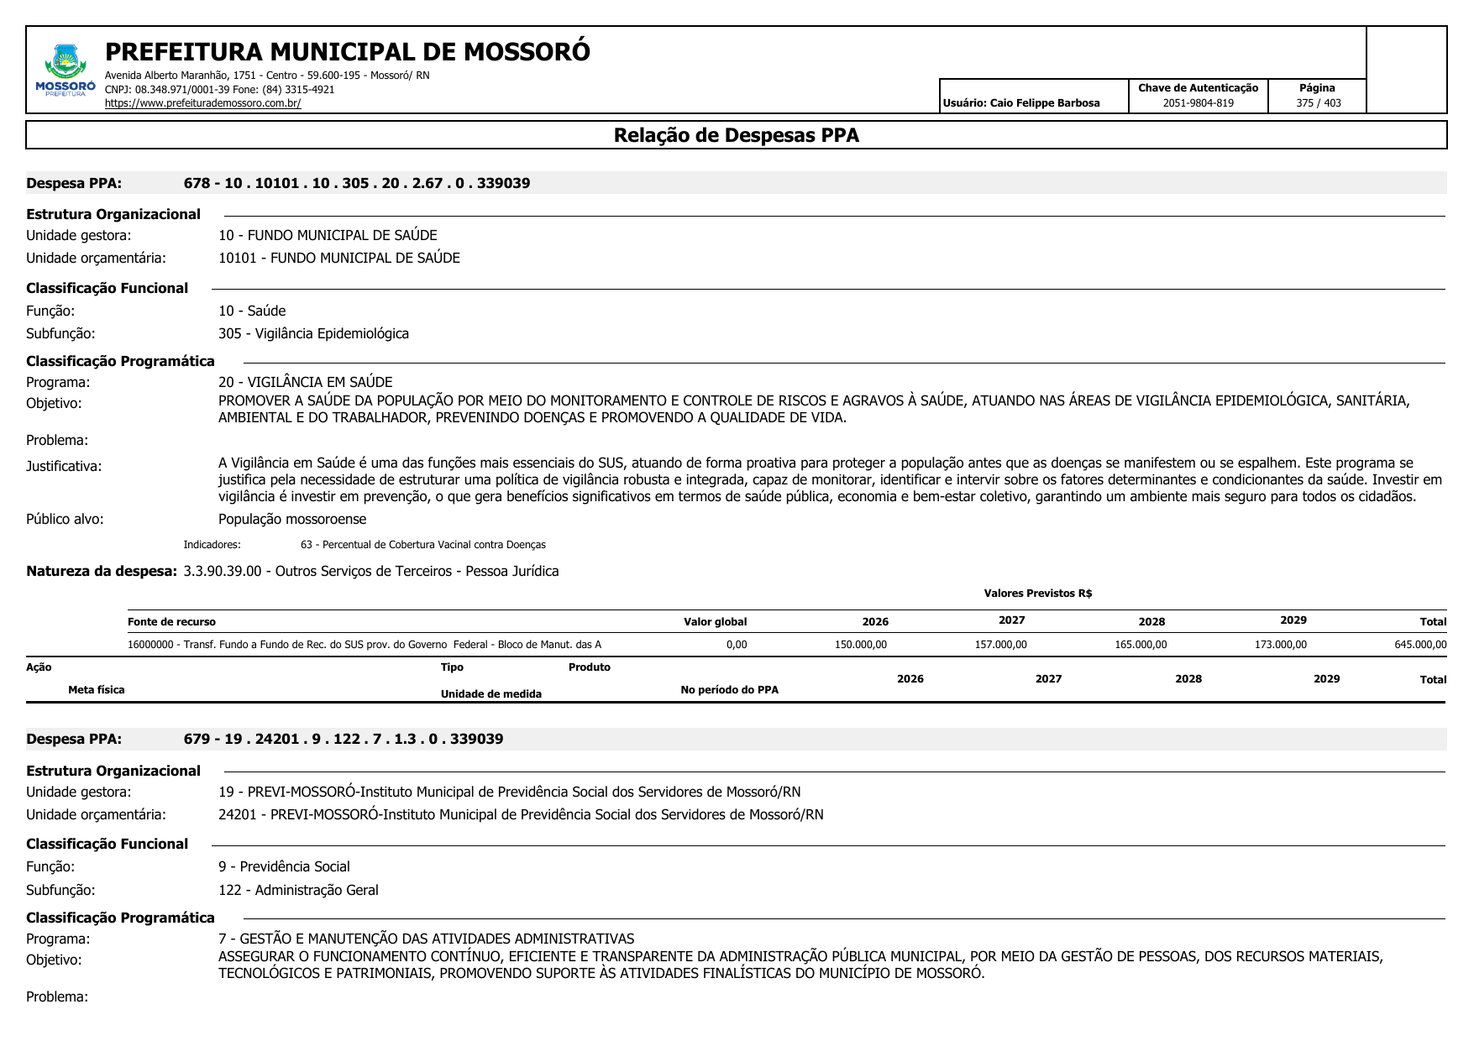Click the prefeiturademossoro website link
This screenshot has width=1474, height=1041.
click(x=202, y=103)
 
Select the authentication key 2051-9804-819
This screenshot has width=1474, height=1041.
click(x=1198, y=103)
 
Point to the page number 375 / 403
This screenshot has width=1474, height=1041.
click(x=1318, y=103)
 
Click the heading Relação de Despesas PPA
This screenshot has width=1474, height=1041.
click(x=736, y=135)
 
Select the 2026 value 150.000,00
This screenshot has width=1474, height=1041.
click(x=860, y=645)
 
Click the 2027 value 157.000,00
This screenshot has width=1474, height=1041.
click(x=1000, y=645)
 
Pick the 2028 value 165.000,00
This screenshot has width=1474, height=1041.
click(x=1140, y=645)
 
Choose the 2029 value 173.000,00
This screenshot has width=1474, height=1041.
click(x=1280, y=645)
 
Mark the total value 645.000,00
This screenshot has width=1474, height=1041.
click(x=1420, y=645)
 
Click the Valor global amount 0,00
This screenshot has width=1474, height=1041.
click(x=736, y=645)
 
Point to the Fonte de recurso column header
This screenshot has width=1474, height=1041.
click(x=171, y=622)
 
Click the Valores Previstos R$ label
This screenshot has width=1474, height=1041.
click(x=1037, y=594)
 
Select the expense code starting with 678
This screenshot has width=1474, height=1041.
click(x=357, y=183)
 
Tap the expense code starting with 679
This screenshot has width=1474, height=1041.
click(x=344, y=739)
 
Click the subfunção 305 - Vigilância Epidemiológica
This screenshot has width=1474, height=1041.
click(x=313, y=333)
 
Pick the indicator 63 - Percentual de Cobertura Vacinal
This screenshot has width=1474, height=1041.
click(x=422, y=545)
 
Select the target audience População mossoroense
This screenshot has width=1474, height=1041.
click(x=292, y=519)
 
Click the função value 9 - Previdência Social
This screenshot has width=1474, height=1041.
click(x=284, y=866)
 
